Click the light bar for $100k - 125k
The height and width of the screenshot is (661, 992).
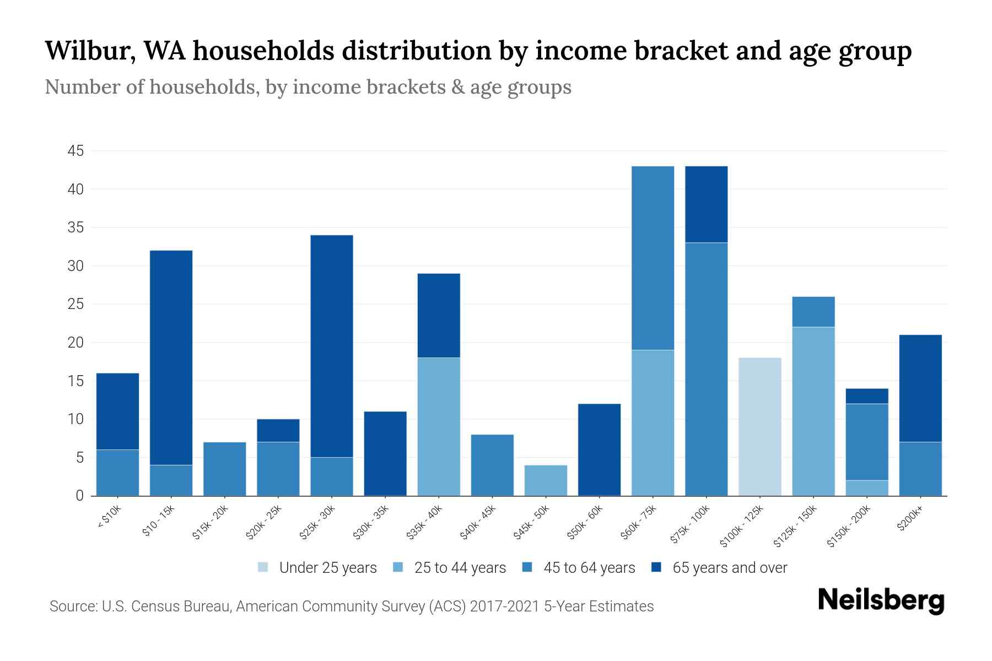[759, 427]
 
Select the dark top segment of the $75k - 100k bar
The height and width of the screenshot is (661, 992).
[706, 204]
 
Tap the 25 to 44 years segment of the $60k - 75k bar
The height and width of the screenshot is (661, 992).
[653, 422]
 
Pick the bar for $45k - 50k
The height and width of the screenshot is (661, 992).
[546, 480]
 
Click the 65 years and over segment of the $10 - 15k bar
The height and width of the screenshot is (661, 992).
[171, 358]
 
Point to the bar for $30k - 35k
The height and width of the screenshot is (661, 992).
[385, 453]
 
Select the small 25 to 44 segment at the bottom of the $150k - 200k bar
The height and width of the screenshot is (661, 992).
[867, 488]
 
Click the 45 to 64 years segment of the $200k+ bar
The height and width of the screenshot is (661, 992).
[920, 469]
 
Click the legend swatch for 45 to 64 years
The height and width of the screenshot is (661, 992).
[527, 567]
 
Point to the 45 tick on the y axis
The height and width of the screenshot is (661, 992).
[76, 151]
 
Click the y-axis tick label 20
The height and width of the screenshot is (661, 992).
[76, 343]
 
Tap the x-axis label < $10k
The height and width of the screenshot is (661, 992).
[109, 517]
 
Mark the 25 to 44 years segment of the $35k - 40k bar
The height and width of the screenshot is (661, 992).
[439, 427]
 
